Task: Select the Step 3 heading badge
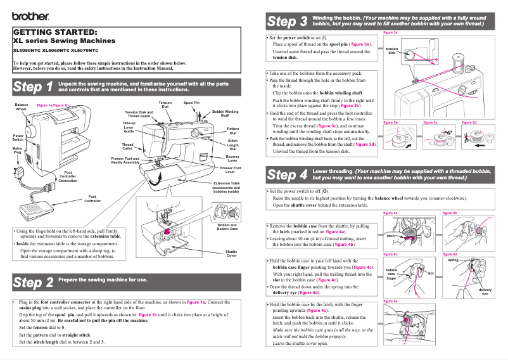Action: pos(287,22)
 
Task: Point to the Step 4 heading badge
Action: pos(287,174)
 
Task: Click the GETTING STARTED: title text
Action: pos(55,32)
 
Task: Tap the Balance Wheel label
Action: pos(22,106)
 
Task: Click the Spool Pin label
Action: pos(191,102)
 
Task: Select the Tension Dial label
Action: pos(165,105)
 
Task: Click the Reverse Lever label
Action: pos(232,158)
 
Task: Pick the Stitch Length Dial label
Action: pos(232,146)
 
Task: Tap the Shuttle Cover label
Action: pos(232,254)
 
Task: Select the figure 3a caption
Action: pos(391,32)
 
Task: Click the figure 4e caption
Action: pos(391,301)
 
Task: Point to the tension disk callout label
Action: pos(392,51)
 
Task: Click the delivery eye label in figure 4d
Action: pos(485,292)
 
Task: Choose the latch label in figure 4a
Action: pos(391,235)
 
